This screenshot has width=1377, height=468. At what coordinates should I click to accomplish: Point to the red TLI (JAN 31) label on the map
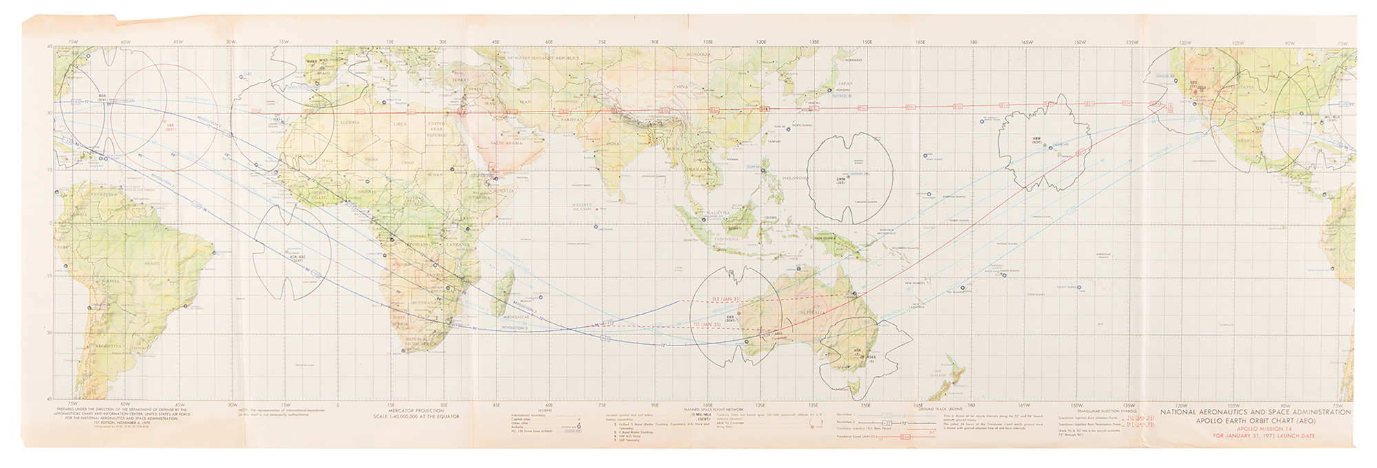(x=706, y=324)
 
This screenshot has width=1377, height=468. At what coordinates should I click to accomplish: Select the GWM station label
(x=841, y=180)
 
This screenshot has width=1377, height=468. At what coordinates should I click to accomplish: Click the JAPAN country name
(x=844, y=83)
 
